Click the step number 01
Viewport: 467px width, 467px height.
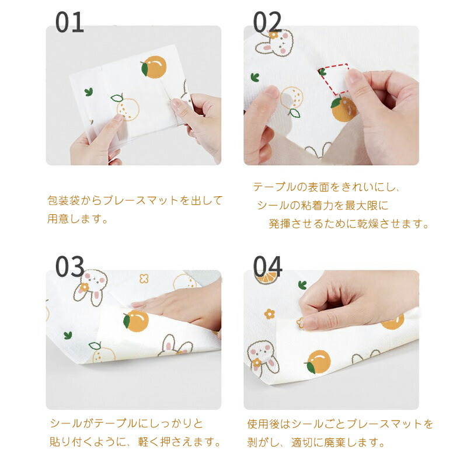[x=69, y=22]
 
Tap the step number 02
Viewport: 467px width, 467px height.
[x=267, y=22]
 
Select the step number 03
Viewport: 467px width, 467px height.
[x=69, y=267]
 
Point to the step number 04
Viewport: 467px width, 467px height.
[x=267, y=267]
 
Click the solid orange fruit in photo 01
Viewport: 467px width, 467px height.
[x=154, y=67]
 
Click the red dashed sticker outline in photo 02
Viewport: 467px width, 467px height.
[x=333, y=79]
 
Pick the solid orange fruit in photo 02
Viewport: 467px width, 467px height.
[x=343, y=109]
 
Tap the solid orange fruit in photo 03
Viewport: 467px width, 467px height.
[x=136, y=320]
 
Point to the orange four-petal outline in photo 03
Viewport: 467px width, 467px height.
[x=144, y=278]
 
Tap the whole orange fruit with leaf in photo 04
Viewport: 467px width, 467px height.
[x=318, y=362]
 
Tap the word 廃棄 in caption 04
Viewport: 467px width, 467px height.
[x=335, y=442]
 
